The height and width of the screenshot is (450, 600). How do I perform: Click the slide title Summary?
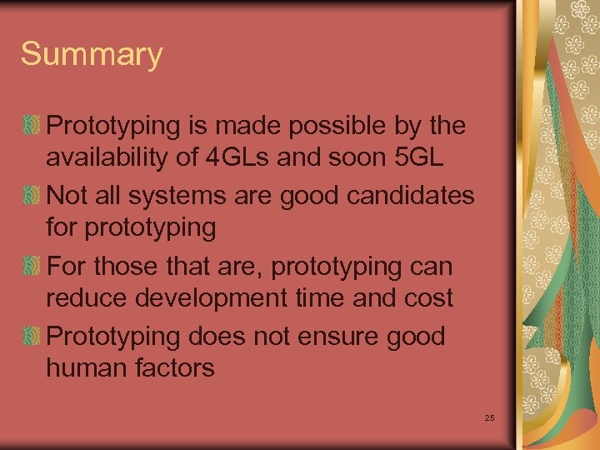pos(92,55)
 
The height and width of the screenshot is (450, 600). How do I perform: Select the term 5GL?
pos(425,157)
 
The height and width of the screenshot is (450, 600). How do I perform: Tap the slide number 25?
pos(489,417)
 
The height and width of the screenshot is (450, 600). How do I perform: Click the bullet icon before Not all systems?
pos(32,197)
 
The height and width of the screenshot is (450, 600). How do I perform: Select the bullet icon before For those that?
pos(32,267)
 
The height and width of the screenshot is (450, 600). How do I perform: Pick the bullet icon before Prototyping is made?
pos(32,127)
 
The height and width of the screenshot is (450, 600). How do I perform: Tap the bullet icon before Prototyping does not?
pos(32,337)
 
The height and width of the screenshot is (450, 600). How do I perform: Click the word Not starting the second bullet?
pos(67,197)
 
